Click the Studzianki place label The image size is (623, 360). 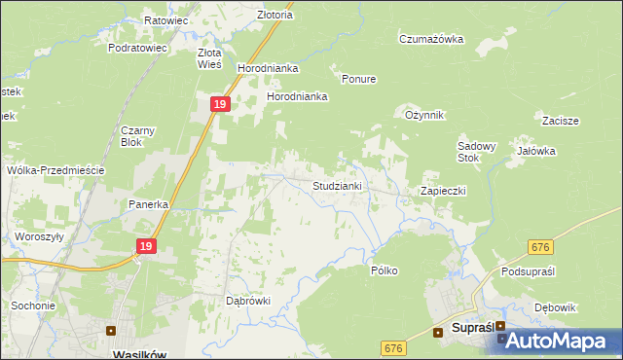coord(337,185)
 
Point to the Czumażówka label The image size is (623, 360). coord(430,39)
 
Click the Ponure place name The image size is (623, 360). coord(358,79)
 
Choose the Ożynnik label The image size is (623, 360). coord(424,115)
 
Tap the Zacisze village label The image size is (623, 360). coord(562,121)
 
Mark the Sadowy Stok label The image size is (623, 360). coord(477,152)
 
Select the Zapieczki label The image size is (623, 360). coord(443,191)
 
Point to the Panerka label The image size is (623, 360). coord(150,205)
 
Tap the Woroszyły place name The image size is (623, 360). coord(39,236)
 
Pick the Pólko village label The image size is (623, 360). coord(385,270)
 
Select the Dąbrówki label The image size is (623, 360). coord(247,301)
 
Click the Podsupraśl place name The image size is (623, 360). coord(528,271)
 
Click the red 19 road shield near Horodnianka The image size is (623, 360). coord(221,103)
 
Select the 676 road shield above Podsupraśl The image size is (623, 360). coord(542,249)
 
